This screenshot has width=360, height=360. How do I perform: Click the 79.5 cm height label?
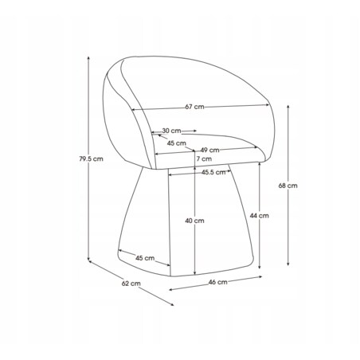coord(91,159)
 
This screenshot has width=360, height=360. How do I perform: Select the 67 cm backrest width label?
coord(195,107)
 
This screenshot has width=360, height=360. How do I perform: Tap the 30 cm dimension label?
coord(171,131)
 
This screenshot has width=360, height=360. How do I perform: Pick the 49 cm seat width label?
coord(209,150)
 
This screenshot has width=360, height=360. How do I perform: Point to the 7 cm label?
coord(204,158)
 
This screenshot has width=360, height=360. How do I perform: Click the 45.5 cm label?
coord(213,172)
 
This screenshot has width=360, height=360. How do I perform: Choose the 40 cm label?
coord(194,221)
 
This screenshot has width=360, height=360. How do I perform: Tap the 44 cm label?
coord(259,216)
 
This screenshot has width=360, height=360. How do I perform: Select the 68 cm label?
coord(288,186)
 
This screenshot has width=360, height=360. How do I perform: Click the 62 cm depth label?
coord(131,284)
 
